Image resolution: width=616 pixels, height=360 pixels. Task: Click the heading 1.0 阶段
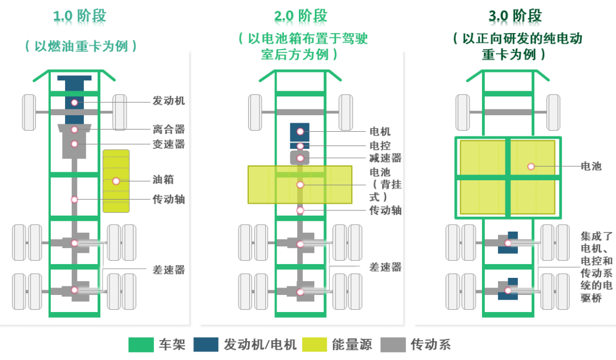coord(80,16)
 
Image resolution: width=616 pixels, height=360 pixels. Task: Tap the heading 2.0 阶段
coord(301,16)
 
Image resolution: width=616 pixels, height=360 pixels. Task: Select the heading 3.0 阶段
coord(515,16)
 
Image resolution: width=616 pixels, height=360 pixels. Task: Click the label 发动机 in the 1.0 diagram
coord(168,100)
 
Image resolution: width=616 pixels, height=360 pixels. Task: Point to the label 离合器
coord(168,129)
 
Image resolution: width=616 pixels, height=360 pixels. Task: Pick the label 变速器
coord(168,144)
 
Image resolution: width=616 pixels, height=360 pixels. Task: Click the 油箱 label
coord(163,180)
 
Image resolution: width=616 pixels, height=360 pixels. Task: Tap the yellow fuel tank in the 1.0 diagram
coord(116,181)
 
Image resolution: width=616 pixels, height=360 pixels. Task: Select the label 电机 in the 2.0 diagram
coord(380,131)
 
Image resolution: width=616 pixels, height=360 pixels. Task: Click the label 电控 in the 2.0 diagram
coord(380,145)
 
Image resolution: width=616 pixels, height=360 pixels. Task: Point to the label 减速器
coord(386,158)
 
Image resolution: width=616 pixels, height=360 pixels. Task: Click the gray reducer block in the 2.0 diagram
coord(300,158)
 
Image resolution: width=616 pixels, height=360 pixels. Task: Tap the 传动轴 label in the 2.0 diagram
coord(386,211)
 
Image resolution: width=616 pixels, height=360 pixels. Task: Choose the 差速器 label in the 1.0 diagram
coord(168,270)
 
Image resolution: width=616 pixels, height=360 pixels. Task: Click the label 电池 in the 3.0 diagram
coord(591,166)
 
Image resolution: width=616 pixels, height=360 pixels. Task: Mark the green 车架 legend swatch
coord(141,345)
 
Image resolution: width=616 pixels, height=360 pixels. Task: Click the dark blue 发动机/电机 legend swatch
coord(206,345)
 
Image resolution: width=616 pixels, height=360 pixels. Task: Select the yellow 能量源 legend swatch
coord(314,345)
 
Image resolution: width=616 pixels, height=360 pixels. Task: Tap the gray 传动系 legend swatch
coord(393,345)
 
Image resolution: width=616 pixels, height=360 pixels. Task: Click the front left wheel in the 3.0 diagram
coord(463,112)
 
